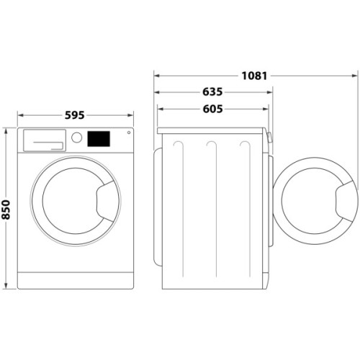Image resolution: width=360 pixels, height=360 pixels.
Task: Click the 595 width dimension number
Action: coord(75,114)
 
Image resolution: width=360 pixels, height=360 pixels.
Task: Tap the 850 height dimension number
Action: coord(6,209)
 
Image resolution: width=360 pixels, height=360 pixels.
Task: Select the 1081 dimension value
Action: coord(255,75)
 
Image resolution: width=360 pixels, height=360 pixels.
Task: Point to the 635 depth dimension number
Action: coord(212,92)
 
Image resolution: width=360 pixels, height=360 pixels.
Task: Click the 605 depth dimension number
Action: coord(212,109)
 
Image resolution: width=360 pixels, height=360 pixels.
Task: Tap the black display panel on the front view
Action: coord(99,138)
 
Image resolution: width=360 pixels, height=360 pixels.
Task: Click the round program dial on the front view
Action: coord(76,138)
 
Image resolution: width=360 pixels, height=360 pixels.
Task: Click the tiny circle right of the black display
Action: coord(128,132)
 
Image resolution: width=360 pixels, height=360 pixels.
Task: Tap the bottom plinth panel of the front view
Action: coord(75,279)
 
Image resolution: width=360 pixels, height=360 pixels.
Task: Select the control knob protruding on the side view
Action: coord(270,138)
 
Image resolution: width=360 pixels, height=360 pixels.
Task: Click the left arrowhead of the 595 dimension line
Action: coord(19,114)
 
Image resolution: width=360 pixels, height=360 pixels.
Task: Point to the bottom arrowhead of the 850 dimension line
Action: coord(6,287)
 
